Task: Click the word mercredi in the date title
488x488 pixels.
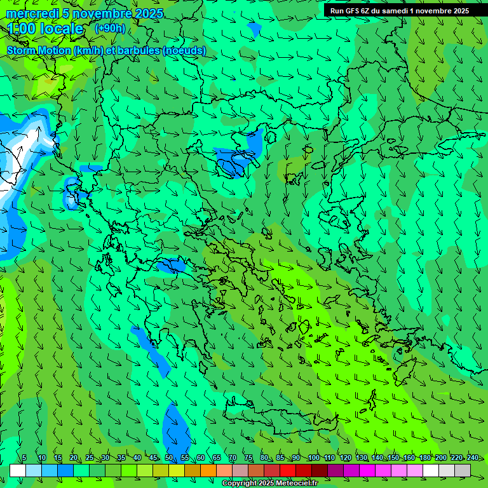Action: (x=30, y=13)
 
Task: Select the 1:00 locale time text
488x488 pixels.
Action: (x=46, y=29)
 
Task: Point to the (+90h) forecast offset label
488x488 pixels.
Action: (x=110, y=28)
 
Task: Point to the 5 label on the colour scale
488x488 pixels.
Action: (x=24, y=457)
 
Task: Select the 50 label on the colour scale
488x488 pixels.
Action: (x=169, y=457)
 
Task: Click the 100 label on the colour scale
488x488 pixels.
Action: (x=314, y=457)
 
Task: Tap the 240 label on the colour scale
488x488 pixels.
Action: (x=473, y=457)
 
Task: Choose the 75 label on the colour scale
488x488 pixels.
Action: (x=248, y=457)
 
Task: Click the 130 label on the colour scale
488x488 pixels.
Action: (x=362, y=457)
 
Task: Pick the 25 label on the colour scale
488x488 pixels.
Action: (x=90, y=457)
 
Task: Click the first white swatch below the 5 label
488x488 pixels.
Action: (x=18, y=470)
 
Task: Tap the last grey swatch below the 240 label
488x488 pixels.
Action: (x=463, y=470)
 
